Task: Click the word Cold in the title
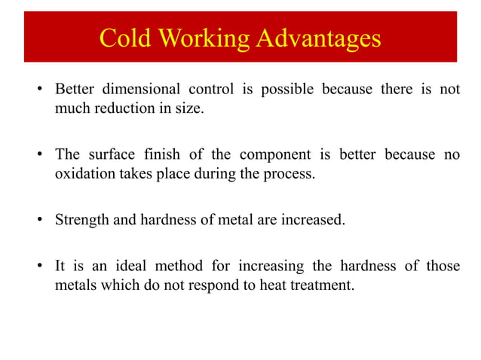tap(124, 37)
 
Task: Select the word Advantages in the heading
tap(317, 37)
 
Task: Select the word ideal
tap(128, 267)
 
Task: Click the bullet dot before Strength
tap(39, 221)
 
